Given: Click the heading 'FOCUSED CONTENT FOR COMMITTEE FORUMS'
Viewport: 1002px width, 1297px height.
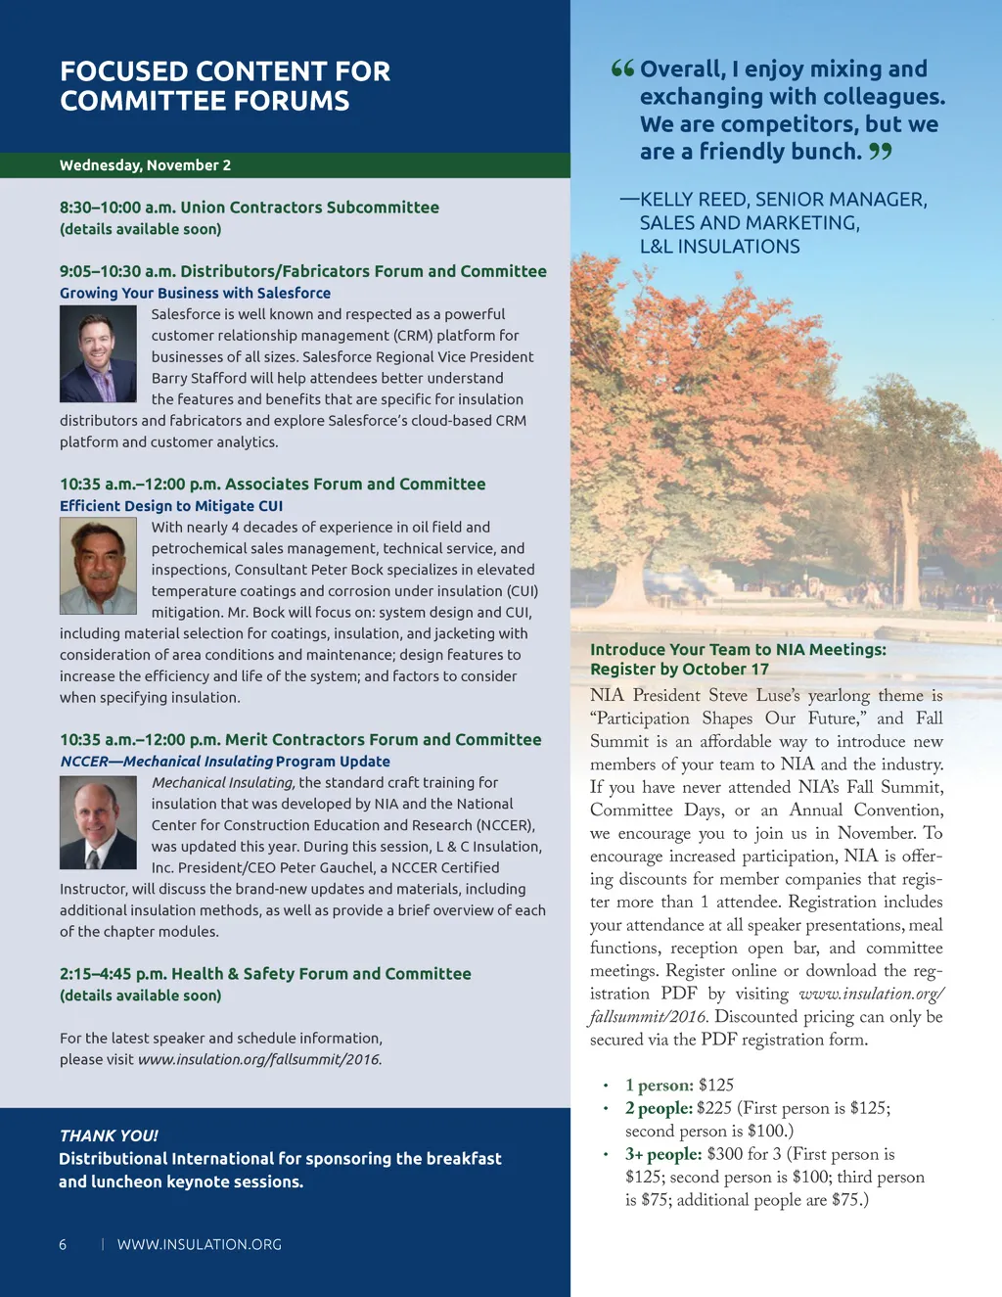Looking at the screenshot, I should tap(225, 86).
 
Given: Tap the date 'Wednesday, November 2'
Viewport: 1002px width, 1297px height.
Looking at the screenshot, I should tap(145, 165).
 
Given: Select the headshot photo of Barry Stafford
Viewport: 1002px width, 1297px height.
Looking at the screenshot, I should tap(98, 353).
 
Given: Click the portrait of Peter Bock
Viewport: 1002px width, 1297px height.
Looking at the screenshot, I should tap(98, 566).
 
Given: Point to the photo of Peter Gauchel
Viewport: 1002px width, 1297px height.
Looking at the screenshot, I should tap(98, 822).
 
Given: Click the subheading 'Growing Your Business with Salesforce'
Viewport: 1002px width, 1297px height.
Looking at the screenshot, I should tap(195, 293).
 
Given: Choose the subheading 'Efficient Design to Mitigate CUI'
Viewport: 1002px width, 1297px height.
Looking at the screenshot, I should tap(171, 506).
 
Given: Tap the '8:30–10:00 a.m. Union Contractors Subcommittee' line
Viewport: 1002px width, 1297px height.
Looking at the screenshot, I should tap(250, 208).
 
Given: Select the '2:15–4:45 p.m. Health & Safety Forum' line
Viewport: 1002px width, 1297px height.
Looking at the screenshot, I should tap(265, 974).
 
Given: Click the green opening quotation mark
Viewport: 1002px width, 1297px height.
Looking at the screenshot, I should tap(622, 69).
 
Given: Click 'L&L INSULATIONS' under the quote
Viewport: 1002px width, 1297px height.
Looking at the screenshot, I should tap(719, 247).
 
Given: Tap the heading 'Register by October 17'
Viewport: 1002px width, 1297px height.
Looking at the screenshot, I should tap(679, 670).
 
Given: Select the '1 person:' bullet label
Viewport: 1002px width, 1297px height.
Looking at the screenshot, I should tap(660, 1086).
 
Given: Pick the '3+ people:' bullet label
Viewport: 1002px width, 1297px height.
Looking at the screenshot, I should tap(663, 1154).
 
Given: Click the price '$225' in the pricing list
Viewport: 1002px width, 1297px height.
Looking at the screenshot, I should tap(714, 1108).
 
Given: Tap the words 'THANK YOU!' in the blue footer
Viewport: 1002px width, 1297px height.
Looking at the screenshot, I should tap(109, 1135).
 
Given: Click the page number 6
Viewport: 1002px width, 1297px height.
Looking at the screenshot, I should tap(64, 1245).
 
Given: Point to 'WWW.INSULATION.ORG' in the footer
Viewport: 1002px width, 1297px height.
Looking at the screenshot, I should tap(200, 1245).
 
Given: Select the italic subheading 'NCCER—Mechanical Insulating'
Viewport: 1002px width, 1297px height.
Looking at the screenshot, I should tap(166, 762).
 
